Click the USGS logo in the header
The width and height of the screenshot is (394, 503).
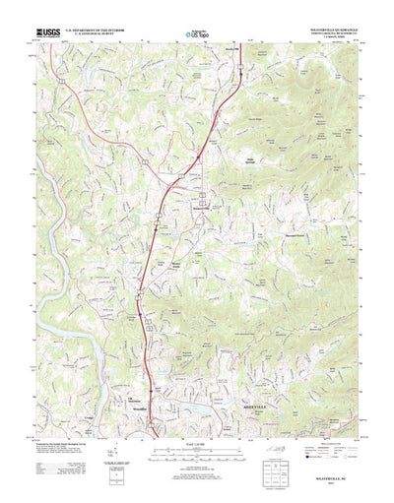(47, 32)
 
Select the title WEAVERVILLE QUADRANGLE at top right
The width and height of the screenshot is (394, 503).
(329, 30)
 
